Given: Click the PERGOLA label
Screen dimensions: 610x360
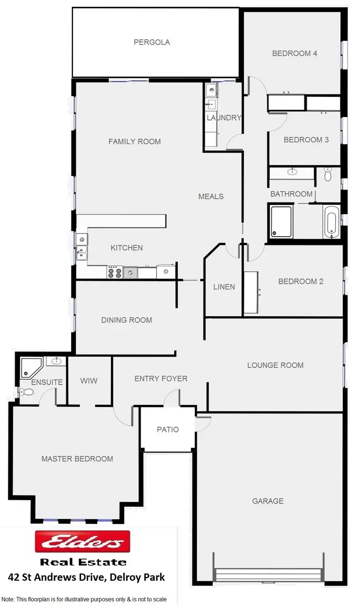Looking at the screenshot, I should tap(152, 42).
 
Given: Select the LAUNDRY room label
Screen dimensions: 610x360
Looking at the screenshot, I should tap(224, 118).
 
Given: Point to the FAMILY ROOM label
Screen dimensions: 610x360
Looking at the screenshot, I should tap(134, 142).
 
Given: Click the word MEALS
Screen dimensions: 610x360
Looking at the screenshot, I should tap(211, 196).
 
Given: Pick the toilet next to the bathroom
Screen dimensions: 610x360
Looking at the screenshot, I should tap(328, 174).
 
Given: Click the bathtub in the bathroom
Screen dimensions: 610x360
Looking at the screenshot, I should tap(332, 222).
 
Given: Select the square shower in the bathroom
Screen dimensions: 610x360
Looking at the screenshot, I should tap(281, 221).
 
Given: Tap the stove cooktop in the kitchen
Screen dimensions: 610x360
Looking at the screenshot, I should tap(114, 273).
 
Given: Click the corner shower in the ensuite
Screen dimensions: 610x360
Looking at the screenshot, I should tap(30, 367).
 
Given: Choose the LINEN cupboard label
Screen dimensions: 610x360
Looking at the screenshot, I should tap(224, 287).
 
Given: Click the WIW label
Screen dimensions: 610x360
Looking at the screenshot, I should tap(89, 381).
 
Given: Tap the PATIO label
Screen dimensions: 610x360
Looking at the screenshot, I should tap(168, 430).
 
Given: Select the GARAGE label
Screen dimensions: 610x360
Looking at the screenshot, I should tap(268, 501).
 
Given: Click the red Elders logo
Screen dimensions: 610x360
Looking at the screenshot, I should tap(83, 542).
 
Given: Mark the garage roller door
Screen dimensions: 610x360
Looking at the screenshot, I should tap(268, 574).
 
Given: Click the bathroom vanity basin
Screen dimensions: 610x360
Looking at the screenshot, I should tap(292, 171).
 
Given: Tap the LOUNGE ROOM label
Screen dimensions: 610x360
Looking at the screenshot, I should tap(275, 365).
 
